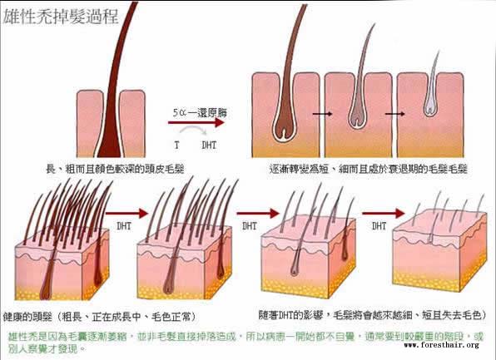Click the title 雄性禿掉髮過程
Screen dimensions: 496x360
(61, 17)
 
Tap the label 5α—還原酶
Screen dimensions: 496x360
(200, 113)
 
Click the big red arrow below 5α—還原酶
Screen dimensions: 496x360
(196, 122)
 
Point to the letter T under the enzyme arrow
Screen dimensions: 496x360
(176, 145)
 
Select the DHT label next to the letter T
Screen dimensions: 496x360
(209, 145)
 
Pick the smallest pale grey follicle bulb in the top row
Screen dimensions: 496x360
(429, 106)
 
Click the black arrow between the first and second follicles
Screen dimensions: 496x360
(322, 113)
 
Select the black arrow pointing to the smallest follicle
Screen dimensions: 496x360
(394, 113)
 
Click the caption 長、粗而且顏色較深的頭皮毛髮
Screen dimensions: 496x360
(115, 169)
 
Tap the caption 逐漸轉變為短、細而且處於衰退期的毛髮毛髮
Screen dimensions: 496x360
(368, 169)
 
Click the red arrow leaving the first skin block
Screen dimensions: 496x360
(126, 214)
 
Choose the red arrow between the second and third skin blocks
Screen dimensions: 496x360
(257, 214)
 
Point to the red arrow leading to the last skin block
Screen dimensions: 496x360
(383, 214)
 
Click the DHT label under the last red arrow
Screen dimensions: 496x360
(379, 226)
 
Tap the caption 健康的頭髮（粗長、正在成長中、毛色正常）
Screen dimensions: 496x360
(100, 317)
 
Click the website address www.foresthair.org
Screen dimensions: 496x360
(442, 345)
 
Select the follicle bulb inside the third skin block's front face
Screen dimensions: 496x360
(295, 269)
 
